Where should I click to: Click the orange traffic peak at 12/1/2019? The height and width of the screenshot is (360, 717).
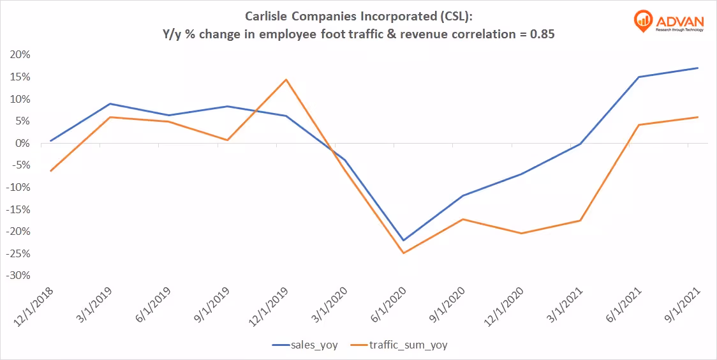pyautogui.click(x=286, y=80)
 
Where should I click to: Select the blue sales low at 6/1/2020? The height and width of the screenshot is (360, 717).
pyautogui.click(x=404, y=241)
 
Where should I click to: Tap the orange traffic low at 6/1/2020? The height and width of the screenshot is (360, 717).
pyautogui.click(x=404, y=253)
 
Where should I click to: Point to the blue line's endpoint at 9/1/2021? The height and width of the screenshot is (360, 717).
pyautogui.click(x=698, y=68)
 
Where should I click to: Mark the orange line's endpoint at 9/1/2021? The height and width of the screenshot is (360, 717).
pyautogui.click(x=698, y=117)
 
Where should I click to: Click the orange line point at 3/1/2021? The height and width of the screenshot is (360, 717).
pyautogui.click(x=580, y=221)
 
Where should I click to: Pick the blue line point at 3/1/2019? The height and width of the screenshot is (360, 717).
pyautogui.click(x=110, y=103)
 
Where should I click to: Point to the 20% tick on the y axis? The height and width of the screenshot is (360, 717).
pyautogui.click(x=20, y=55)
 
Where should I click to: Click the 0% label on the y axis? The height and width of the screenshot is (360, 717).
pyautogui.click(x=22, y=144)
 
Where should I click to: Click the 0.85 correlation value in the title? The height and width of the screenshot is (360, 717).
pyautogui.click(x=542, y=36)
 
